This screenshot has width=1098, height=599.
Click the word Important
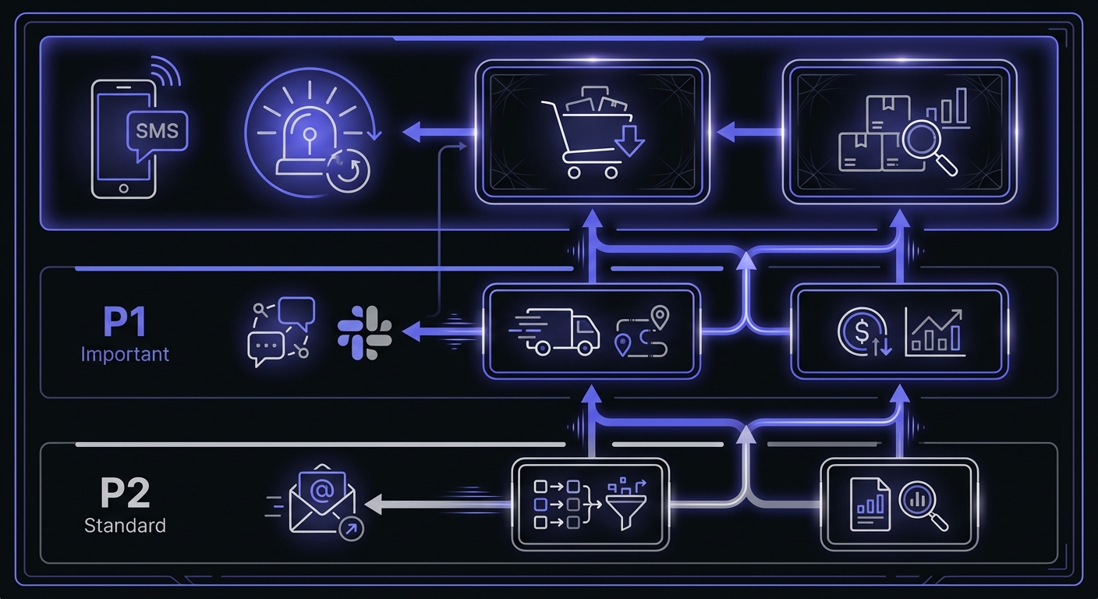tap(125, 353)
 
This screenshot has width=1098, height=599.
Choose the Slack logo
tap(364, 332)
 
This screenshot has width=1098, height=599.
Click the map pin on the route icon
tap(661, 317)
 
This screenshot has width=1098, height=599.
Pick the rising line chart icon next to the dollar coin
tap(934, 332)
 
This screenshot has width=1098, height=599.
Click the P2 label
tap(125, 493)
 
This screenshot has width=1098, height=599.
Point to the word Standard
tap(125, 525)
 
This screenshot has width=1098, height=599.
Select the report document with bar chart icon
tap(870, 503)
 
